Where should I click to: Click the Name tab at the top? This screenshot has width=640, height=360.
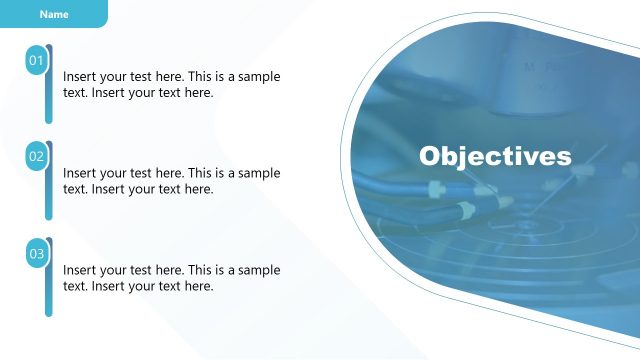pyautogui.click(x=54, y=14)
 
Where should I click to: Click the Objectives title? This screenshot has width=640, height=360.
pyautogui.click(x=495, y=157)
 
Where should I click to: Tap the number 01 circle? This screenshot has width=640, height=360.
pyautogui.click(x=36, y=62)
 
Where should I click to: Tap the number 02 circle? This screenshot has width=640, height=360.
pyautogui.click(x=36, y=157)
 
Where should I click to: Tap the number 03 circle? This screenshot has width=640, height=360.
pyautogui.click(x=36, y=254)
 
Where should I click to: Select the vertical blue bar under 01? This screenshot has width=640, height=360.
pyautogui.click(x=48, y=100)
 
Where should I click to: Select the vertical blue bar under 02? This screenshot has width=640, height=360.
pyautogui.click(x=48, y=196)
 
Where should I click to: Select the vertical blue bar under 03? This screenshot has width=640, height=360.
pyautogui.click(x=48, y=293)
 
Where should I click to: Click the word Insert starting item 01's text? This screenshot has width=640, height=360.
pyautogui.click(x=81, y=77)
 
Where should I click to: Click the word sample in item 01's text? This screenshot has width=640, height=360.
pyautogui.click(x=258, y=77)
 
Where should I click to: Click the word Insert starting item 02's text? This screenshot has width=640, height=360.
pyautogui.click(x=81, y=173)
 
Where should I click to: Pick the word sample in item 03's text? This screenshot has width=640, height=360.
pyautogui.click(x=258, y=270)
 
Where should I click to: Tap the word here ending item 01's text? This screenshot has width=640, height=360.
pyautogui.click(x=199, y=93)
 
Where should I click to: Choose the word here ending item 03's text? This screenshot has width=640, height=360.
pyautogui.click(x=199, y=286)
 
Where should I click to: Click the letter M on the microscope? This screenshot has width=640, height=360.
pyautogui.click(x=530, y=67)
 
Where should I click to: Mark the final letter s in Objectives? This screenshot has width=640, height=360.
pyautogui.click(x=565, y=158)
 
